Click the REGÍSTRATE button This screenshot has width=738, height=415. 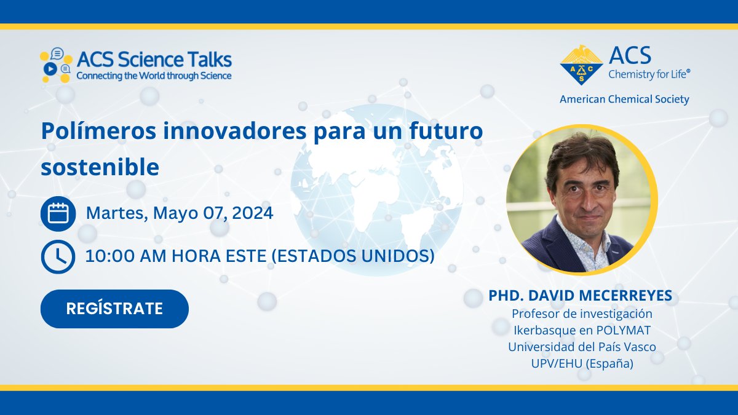click(114, 309)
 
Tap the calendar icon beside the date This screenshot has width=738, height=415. click(58, 214)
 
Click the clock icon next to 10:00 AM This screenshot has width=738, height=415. click(58, 256)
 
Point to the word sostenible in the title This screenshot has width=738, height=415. click(100, 167)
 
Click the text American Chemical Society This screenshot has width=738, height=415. click(624, 99)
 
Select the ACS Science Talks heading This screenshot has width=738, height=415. click(154, 60)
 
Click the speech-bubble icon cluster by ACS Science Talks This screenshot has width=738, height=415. click(56, 65)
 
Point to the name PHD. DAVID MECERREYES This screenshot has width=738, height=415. click(581, 296)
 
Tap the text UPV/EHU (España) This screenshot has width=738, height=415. click(582, 363)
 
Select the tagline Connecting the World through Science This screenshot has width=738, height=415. click(154, 76)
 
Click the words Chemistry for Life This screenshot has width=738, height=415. click(649, 74)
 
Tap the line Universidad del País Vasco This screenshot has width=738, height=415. click(582, 347)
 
